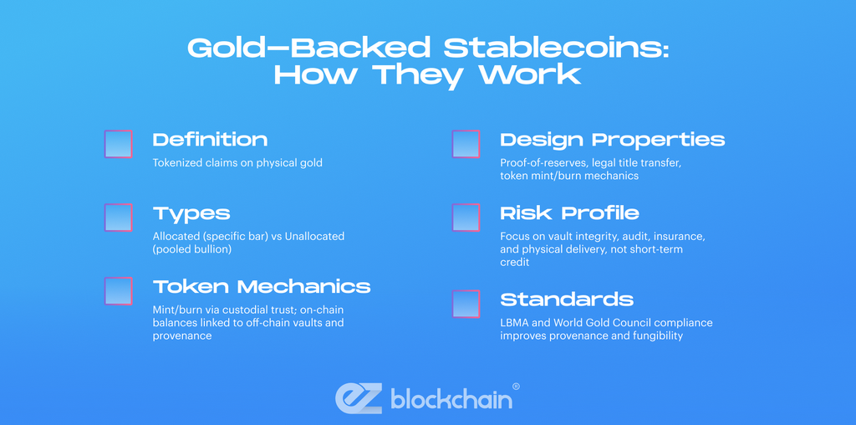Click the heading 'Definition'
210,140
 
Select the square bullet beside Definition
118,144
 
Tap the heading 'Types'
191,213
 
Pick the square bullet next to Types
118,218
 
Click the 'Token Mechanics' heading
261,287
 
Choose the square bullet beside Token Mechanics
118,291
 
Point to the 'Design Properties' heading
612,140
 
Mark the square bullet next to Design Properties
466,144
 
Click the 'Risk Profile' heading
569,213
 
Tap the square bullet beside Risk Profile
466,218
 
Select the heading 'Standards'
567,300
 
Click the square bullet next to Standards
466,304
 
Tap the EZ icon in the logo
359,397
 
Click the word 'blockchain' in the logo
451,399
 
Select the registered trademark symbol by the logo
516,387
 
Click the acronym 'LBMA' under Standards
515,322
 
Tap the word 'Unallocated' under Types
313,236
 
